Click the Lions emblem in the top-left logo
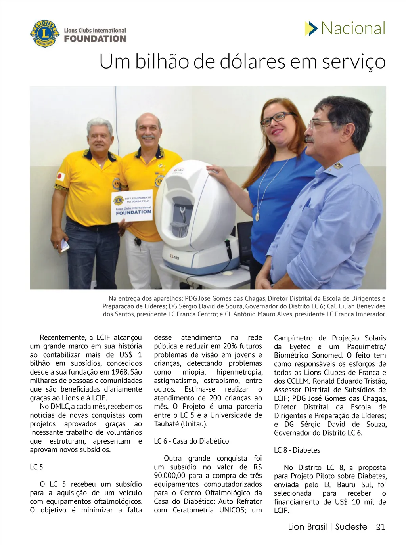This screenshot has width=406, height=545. coord(44,34)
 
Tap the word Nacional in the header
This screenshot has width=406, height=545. coord(353,28)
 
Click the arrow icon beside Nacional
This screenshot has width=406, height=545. coord(311,29)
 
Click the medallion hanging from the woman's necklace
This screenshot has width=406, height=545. coord(257,216)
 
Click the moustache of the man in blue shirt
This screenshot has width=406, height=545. coord(310,140)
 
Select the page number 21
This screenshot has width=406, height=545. coord(381,527)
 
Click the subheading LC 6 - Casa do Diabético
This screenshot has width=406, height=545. coord(191,441)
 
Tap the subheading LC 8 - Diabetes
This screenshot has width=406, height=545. coord(297,450)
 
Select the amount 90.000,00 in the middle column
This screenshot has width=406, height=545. coord(170,476)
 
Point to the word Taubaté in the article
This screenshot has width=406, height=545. coord(166,424)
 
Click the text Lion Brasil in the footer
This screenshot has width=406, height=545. coord(307,527)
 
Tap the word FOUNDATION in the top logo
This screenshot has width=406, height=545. coord(95,39)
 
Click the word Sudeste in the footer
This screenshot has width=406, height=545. coord(351,527)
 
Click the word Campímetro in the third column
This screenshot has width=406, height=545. coord(293,338)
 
